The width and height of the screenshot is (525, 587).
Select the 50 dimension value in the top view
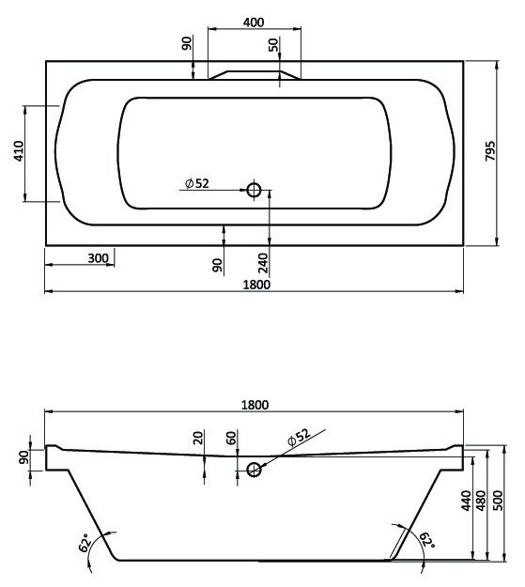pos(273,44)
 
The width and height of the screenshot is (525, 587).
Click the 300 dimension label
pos(98,258)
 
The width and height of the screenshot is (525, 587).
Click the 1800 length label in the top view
pos(255,284)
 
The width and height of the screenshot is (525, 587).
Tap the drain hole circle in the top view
pos(253,190)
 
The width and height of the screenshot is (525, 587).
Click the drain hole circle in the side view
pos(253,469)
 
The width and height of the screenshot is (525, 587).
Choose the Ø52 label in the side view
pos(297,438)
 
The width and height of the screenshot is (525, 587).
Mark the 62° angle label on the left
pos(84,542)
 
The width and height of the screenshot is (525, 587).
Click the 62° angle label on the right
pos(427,540)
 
